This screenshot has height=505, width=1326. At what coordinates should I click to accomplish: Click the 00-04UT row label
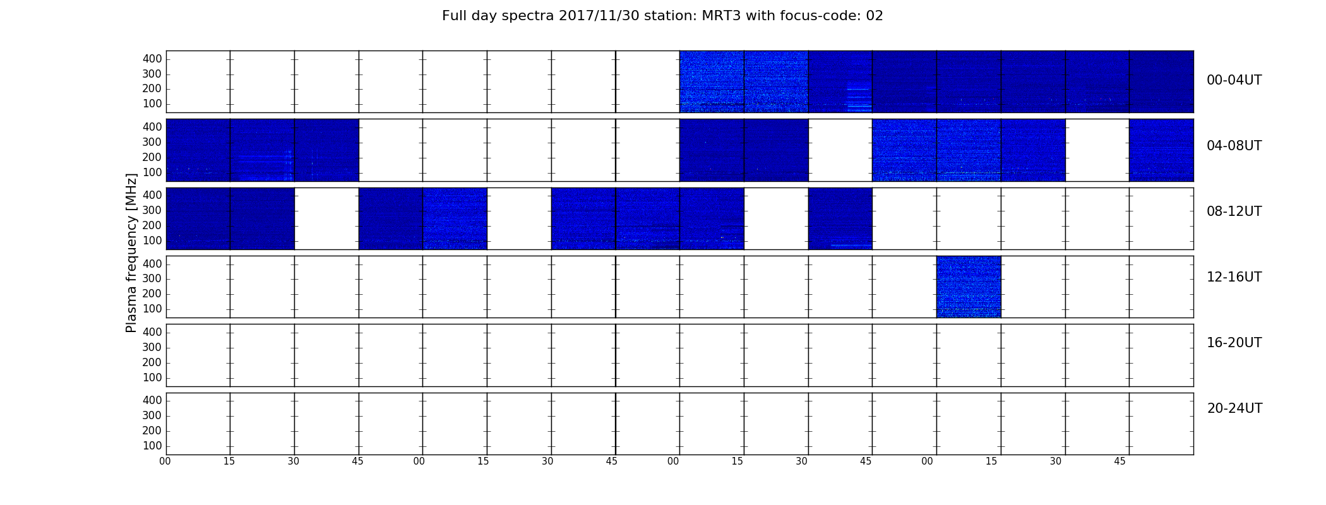[1234, 80]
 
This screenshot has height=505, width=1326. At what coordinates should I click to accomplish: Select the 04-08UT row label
[1234, 146]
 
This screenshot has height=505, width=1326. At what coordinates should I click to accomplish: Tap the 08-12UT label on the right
[1234, 211]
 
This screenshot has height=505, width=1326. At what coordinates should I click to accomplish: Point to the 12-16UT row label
[1234, 277]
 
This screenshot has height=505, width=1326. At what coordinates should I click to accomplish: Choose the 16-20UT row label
[1234, 343]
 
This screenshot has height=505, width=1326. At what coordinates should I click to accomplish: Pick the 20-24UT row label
[1234, 408]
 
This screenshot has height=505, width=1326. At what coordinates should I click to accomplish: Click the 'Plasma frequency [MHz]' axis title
[131, 252]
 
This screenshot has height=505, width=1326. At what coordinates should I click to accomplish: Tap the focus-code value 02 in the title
[875, 16]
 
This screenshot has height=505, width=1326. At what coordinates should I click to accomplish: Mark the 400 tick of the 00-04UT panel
[152, 59]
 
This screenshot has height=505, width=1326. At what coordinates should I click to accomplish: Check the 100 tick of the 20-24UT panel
[152, 446]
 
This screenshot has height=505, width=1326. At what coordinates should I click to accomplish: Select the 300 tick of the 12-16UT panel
[152, 278]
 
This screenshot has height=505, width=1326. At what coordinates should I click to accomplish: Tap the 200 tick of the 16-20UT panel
[152, 362]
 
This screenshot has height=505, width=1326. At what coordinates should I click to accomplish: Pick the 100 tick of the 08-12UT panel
[152, 241]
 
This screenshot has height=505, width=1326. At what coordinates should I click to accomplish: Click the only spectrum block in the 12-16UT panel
[969, 287]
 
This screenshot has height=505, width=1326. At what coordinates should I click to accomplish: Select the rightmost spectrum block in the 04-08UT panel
[1161, 150]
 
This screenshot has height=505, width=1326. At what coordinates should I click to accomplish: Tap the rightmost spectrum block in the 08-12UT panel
[840, 218]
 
